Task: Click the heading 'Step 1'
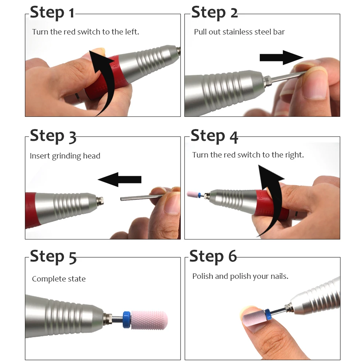click(52, 12)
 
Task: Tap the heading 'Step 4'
click(214, 136)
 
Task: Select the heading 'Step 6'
click(213, 257)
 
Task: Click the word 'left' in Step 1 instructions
click(132, 32)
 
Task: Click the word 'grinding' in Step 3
click(66, 156)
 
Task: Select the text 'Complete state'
click(59, 278)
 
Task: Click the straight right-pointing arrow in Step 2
click(281, 58)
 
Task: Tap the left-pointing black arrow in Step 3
click(119, 179)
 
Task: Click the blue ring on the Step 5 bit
click(127, 320)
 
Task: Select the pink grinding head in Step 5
click(149, 320)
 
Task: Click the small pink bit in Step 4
click(193, 194)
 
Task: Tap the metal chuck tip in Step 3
click(100, 201)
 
